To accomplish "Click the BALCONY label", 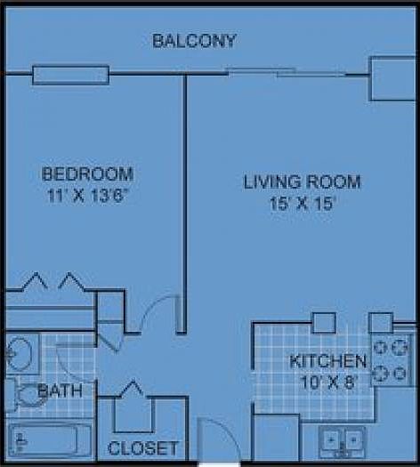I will [x=194, y=40].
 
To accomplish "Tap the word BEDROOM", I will [x=87, y=173].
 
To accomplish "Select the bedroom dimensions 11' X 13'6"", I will [x=87, y=196].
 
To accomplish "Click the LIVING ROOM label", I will [x=303, y=182].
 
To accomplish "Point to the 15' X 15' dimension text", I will [x=303, y=205].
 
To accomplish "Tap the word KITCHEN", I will [x=327, y=361].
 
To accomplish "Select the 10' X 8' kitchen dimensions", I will [x=327, y=382].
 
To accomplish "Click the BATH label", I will [x=61, y=390].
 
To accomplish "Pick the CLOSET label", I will [x=142, y=448].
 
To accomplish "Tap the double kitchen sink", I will [x=343, y=440].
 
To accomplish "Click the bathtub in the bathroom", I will [x=50, y=440].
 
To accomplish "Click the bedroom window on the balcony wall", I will [x=70, y=75].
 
